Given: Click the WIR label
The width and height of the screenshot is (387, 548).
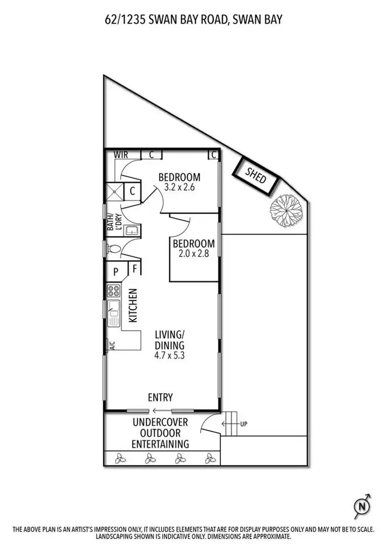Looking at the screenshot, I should [121, 154].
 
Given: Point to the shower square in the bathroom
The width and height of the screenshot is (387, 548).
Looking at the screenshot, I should [114, 192].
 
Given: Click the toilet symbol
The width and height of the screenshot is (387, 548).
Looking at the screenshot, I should [115, 249].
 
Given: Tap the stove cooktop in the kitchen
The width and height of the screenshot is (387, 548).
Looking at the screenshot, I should [113, 291].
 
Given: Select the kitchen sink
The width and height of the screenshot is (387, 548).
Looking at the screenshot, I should [114, 312].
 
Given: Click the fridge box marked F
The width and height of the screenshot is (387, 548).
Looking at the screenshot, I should [134, 268].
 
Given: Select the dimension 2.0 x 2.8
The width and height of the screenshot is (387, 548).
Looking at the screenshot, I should [193, 253].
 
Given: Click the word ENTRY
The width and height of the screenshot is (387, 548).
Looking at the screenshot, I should [160, 397].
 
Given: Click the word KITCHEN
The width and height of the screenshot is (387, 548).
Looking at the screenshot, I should [133, 305].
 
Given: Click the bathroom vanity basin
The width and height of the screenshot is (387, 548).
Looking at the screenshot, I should [132, 230].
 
